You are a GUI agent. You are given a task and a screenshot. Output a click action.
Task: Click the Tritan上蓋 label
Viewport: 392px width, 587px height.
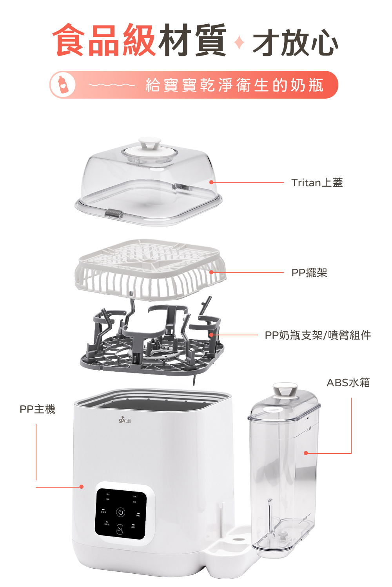pos(317,183)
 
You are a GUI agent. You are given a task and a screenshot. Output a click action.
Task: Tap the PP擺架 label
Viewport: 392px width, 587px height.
pos(309,273)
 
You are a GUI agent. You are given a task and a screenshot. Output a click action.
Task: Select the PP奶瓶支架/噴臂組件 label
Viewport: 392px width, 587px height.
pos(318,335)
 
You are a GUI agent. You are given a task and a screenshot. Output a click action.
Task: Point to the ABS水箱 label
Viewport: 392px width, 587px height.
pos(348,382)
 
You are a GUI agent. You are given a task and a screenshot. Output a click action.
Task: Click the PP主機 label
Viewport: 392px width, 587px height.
pos(38,409)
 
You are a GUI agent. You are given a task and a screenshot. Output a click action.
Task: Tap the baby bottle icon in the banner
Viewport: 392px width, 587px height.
pos(62,85)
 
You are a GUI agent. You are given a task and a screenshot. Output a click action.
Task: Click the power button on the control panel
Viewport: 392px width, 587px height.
pos(121,512)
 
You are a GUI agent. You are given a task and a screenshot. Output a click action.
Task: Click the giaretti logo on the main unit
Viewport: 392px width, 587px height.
pos(125,421)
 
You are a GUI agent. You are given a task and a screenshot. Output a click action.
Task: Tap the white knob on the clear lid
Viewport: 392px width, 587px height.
pos(149,142)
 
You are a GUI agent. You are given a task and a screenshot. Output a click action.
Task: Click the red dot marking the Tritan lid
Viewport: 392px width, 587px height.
pos(211,182)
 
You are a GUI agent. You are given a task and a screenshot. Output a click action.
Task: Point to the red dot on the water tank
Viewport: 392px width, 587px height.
pos(306,453)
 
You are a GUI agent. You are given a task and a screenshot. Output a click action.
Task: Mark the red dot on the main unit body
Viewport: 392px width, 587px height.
pos(82,487)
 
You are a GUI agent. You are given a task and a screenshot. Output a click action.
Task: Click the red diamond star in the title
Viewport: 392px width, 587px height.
pos(239,42)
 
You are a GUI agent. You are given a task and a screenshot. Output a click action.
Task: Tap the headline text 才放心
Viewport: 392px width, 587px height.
pos(295,42)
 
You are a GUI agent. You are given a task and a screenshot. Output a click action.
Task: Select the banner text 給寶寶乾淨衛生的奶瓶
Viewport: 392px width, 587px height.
pos(234,85)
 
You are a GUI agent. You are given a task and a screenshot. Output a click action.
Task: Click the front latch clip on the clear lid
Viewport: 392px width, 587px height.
pos(113,214)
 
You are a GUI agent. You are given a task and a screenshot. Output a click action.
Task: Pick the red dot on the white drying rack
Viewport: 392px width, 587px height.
pos(212,272)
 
